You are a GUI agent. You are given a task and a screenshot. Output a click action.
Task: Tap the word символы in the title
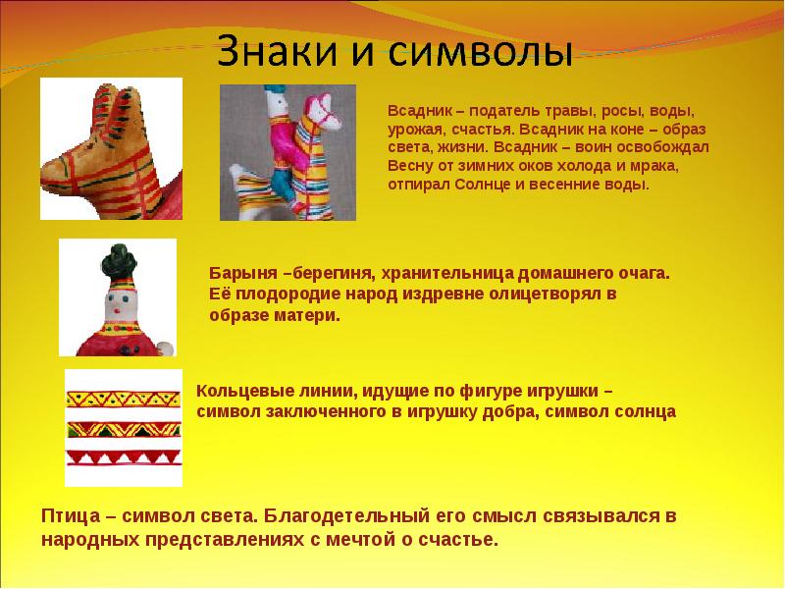[480, 53]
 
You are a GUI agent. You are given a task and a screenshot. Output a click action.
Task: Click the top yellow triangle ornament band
[124, 400]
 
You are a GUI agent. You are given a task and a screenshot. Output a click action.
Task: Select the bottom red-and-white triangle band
[124, 457]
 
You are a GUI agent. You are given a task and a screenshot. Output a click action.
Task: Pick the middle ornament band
[124, 429]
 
